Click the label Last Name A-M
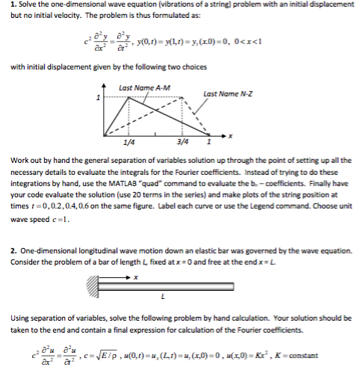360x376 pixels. [x=146, y=88]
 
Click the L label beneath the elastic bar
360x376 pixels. [x=172, y=299]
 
